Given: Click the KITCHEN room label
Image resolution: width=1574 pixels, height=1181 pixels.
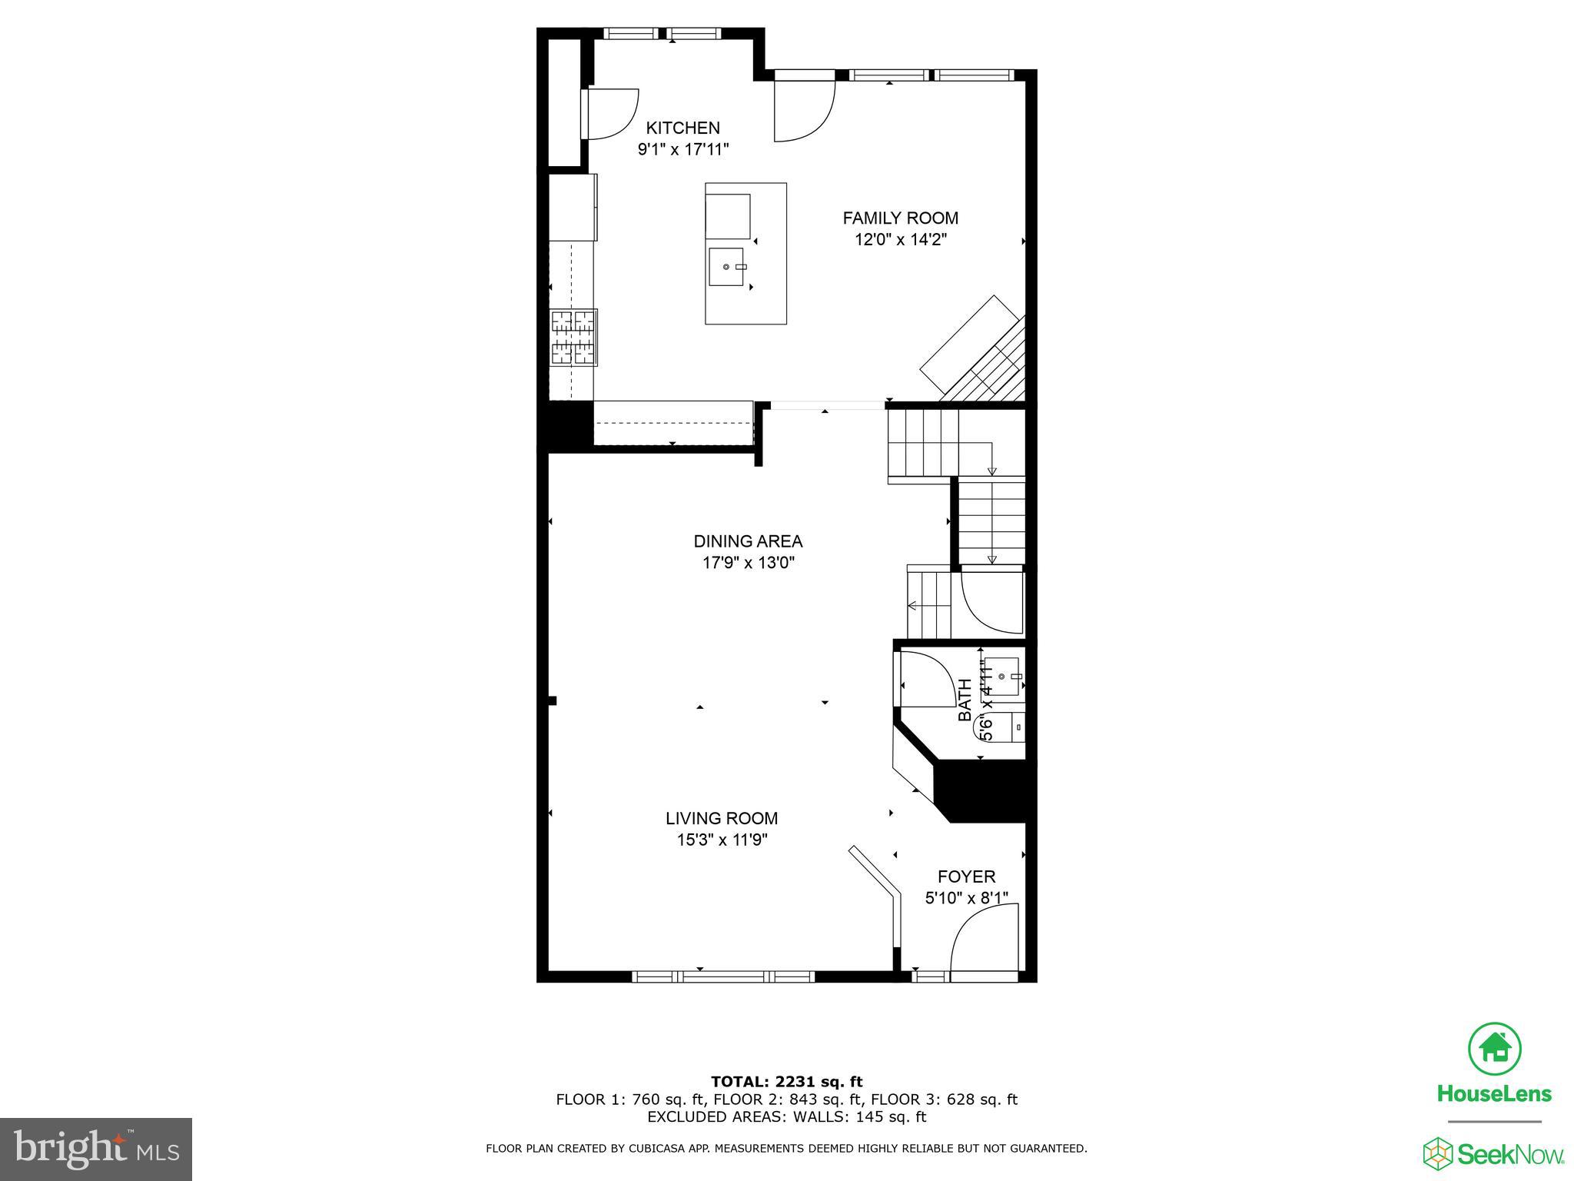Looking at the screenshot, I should pyautogui.click(x=682, y=128).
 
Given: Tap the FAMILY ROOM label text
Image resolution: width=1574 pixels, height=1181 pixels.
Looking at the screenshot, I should pyautogui.click(x=900, y=218).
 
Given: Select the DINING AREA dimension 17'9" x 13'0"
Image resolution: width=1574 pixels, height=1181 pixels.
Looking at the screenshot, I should pyautogui.click(x=748, y=563).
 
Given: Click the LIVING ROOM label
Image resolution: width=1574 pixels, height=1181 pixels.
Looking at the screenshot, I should pyautogui.click(x=722, y=819).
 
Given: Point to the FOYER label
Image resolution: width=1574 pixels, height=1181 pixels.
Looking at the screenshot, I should pyautogui.click(x=966, y=877).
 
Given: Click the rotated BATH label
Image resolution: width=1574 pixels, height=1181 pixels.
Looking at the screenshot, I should pyautogui.click(x=965, y=700).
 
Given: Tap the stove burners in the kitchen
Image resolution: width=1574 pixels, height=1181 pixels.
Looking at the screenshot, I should pyautogui.click(x=573, y=337).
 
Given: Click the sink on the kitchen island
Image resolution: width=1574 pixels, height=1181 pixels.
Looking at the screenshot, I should pyautogui.click(x=726, y=267).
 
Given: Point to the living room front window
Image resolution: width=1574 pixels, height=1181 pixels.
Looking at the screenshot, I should pyautogui.click(x=722, y=976).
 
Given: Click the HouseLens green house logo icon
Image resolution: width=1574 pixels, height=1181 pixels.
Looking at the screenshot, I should pyautogui.click(x=1494, y=1047).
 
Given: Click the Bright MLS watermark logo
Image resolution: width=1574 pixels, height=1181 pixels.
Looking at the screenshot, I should pyautogui.click(x=96, y=1149).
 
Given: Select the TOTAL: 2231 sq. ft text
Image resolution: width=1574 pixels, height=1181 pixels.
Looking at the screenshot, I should pyautogui.click(x=786, y=1082).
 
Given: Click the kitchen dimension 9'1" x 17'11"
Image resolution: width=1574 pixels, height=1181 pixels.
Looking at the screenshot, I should pyautogui.click(x=682, y=149).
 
